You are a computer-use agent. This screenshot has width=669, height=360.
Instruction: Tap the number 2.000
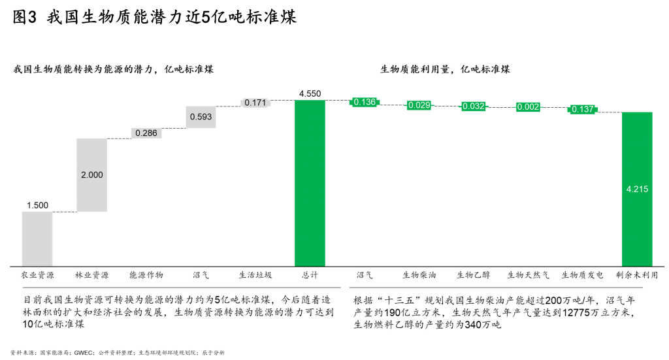pyautogui.click(x=91, y=175)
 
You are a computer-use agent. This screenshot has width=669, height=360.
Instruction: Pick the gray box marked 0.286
pyautogui.click(x=146, y=133)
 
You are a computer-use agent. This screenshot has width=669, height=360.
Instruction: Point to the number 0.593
pyautogui.click(x=201, y=117)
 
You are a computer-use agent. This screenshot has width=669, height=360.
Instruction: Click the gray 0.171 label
pyautogui.click(x=255, y=103)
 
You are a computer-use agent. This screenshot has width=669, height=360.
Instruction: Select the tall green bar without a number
pyautogui.click(x=310, y=183)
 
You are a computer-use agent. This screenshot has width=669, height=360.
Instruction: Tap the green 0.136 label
pyautogui.click(x=365, y=102)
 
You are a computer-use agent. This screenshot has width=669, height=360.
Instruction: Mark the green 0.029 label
pyautogui.click(x=419, y=105)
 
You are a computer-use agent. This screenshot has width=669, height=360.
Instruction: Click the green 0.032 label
pyautogui.click(x=474, y=106)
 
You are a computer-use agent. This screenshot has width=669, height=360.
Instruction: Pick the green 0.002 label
pyautogui.click(x=528, y=107)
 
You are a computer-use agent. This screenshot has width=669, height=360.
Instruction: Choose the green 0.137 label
pyautogui.click(x=583, y=109)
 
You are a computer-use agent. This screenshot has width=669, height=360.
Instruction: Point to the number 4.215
pyautogui.click(x=637, y=189)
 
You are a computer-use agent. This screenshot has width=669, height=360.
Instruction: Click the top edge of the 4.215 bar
pyautogui.click(x=637, y=112)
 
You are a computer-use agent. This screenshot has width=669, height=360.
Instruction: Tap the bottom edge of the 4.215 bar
pyautogui.click(x=637, y=266)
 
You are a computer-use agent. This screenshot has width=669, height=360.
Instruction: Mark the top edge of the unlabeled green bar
pyautogui.click(x=310, y=100)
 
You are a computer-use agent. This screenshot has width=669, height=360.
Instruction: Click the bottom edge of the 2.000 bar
pyautogui.click(x=91, y=212)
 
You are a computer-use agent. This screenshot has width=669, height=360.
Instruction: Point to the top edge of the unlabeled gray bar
pyautogui.click(x=37, y=212)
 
